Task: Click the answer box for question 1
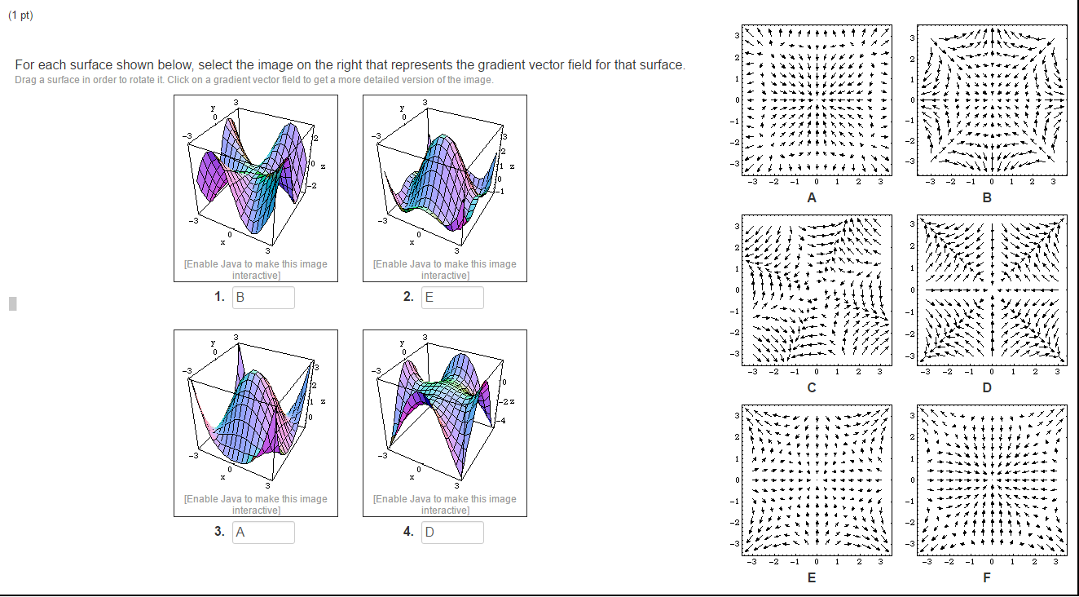[x=263, y=298]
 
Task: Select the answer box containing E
[x=451, y=298]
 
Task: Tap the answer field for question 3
[x=263, y=533]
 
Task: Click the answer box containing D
[x=451, y=533]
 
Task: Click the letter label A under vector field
[x=812, y=197]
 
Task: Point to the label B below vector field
[x=987, y=197]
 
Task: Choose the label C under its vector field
[x=812, y=387]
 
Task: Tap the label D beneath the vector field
[x=987, y=387]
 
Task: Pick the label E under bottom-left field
[x=812, y=577]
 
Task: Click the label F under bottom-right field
[x=987, y=577]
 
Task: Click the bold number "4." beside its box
[x=407, y=532]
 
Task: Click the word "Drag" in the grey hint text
[x=25, y=79]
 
